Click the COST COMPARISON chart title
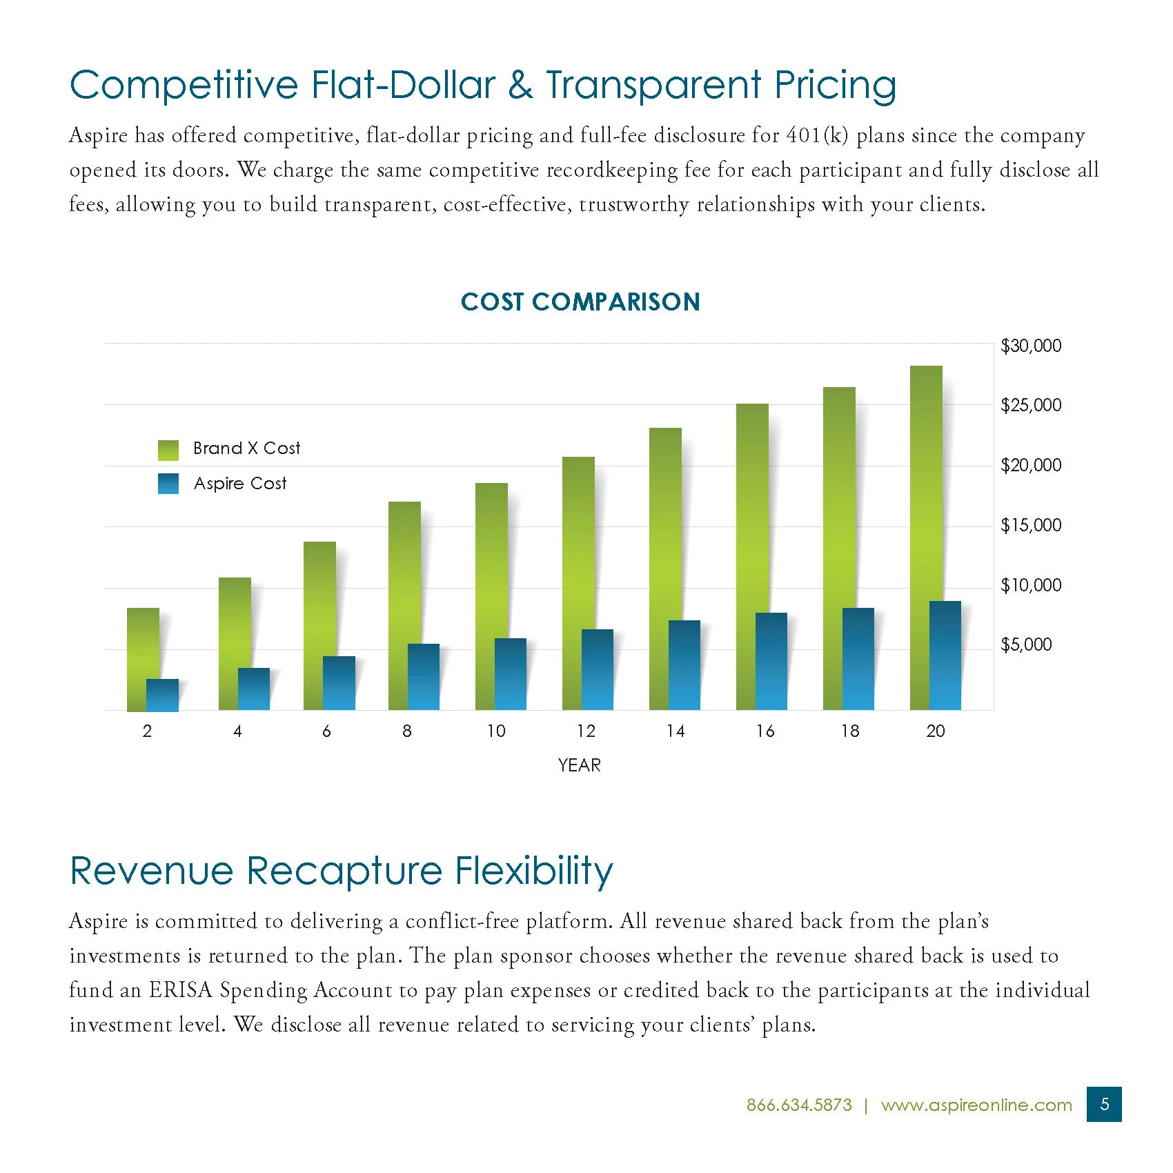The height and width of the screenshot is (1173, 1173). coord(580,302)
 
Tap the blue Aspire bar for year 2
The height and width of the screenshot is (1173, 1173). coord(163,696)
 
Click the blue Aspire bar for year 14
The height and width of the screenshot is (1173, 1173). coord(684,666)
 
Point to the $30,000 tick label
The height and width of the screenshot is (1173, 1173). coord(1031,346)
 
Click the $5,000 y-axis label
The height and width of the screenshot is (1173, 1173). coord(1026,644)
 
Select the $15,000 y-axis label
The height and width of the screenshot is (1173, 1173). coord(1031,525)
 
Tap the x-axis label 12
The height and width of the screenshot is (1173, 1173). coord(586,731)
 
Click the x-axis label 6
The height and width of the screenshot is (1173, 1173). coord(326,731)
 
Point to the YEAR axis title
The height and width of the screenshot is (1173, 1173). coord(579,765)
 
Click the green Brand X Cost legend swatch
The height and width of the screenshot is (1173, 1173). coord(168,450)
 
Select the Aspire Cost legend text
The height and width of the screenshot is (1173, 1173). coord(240,484)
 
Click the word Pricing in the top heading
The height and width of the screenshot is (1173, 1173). coord(835,86)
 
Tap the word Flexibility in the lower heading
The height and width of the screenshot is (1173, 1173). coord(534,871)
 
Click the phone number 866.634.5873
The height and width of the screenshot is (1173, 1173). coord(799,1105)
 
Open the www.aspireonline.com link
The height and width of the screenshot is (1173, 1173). coord(976,1105)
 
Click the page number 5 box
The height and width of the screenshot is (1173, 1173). coord(1104,1104)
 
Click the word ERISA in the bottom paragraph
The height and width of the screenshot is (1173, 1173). coord(181,990)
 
